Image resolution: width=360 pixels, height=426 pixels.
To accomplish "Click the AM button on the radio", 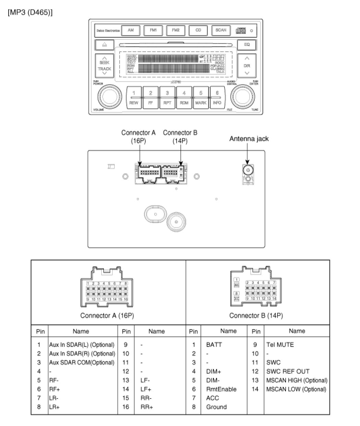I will [x=131, y=31].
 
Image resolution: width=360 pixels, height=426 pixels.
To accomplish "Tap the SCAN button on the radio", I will [x=220, y=31].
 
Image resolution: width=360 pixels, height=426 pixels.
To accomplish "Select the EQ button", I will [x=247, y=45].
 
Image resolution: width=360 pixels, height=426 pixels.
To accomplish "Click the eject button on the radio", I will [x=104, y=45].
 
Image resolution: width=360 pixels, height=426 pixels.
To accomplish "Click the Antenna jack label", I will [x=249, y=139].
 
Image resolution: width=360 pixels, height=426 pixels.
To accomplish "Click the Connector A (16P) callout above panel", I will [x=138, y=136].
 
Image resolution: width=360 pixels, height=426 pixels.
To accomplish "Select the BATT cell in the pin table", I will [x=214, y=344].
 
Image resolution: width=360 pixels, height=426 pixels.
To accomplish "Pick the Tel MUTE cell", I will [x=280, y=344].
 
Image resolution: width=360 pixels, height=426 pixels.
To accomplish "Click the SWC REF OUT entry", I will [x=288, y=371].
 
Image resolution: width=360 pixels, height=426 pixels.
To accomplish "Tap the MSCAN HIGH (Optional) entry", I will [x=297, y=380].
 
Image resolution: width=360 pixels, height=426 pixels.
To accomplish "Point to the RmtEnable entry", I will [x=221, y=389].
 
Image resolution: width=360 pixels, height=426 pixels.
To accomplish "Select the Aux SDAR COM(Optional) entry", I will [x=82, y=362].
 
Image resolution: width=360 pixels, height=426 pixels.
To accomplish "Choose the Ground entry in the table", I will [x=216, y=407].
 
